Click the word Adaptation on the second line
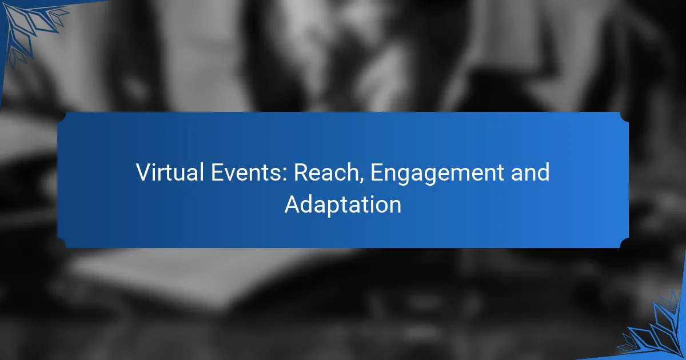click(342, 205)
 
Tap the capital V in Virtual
click(145, 173)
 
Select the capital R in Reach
click(302, 173)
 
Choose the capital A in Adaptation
click(293, 204)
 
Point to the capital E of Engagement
click(378, 173)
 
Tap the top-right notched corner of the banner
click(625, 117)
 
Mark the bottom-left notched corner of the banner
click(61, 243)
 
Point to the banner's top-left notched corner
click(61, 117)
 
